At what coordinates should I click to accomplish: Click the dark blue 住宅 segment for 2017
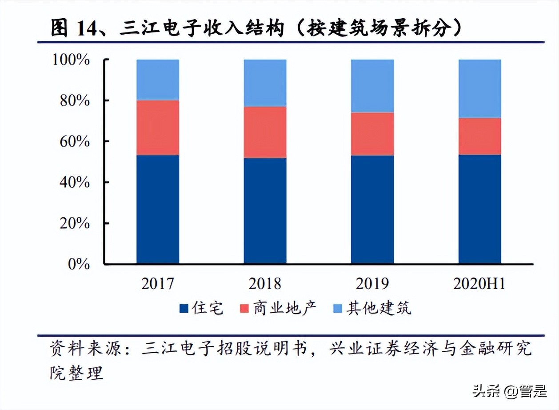[x=158, y=209]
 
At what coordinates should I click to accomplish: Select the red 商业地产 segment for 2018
[x=265, y=132]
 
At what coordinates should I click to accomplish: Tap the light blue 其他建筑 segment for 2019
[x=372, y=86]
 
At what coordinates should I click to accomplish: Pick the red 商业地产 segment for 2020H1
[x=480, y=136]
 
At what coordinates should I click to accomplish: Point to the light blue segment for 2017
[x=158, y=80]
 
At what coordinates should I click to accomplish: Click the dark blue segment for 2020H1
[x=480, y=209]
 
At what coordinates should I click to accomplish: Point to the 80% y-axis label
[x=75, y=100]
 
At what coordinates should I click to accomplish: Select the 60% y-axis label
[x=75, y=141]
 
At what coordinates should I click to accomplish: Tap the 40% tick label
[x=75, y=182]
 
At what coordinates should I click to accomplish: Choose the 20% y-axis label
[x=75, y=223]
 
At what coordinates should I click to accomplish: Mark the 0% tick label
[x=80, y=264]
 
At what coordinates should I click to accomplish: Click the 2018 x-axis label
[x=265, y=284]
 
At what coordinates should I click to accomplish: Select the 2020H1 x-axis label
[x=479, y=284]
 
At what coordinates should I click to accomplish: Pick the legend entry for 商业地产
[x=278, y=308]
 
